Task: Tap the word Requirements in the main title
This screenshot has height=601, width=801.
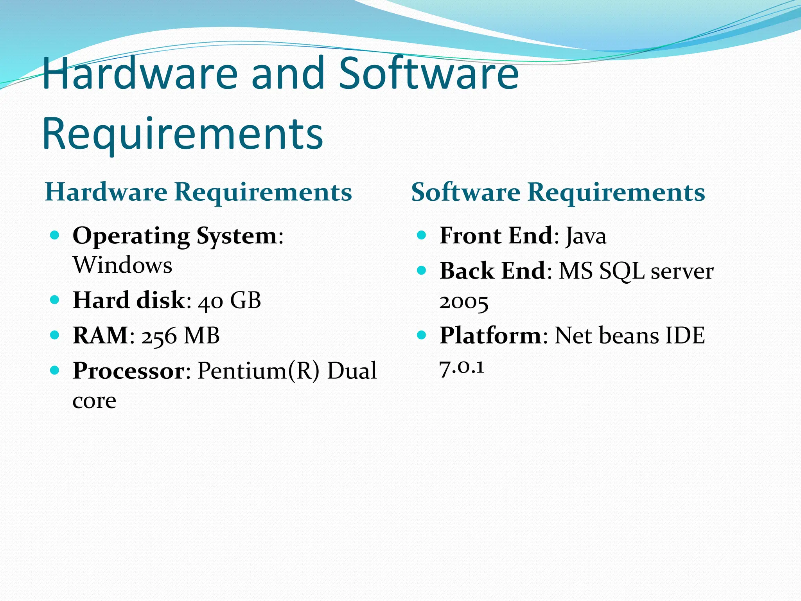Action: [x=182, y=134]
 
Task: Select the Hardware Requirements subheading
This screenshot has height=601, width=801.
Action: [x=198, y=192]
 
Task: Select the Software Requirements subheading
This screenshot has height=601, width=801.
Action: [x=558, y=192]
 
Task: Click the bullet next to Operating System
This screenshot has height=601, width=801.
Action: [x=55, y=235]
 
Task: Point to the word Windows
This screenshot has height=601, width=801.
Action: [x=122, y=265]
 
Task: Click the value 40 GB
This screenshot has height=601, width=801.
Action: [x=229, y=301]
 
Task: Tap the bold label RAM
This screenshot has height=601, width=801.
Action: [x=101, y=336]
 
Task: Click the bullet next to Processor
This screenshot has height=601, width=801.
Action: [x=55, y=370]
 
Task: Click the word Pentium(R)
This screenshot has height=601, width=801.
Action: [x=259, y=371]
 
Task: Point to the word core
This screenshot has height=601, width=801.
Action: [x=94, y=401]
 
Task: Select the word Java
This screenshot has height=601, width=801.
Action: [x=585, y=236]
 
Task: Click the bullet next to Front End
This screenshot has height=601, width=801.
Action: [x=421, y=235]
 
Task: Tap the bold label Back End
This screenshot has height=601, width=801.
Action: [x=492, y=271]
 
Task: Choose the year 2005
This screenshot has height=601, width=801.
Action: [x=464, y=302]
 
